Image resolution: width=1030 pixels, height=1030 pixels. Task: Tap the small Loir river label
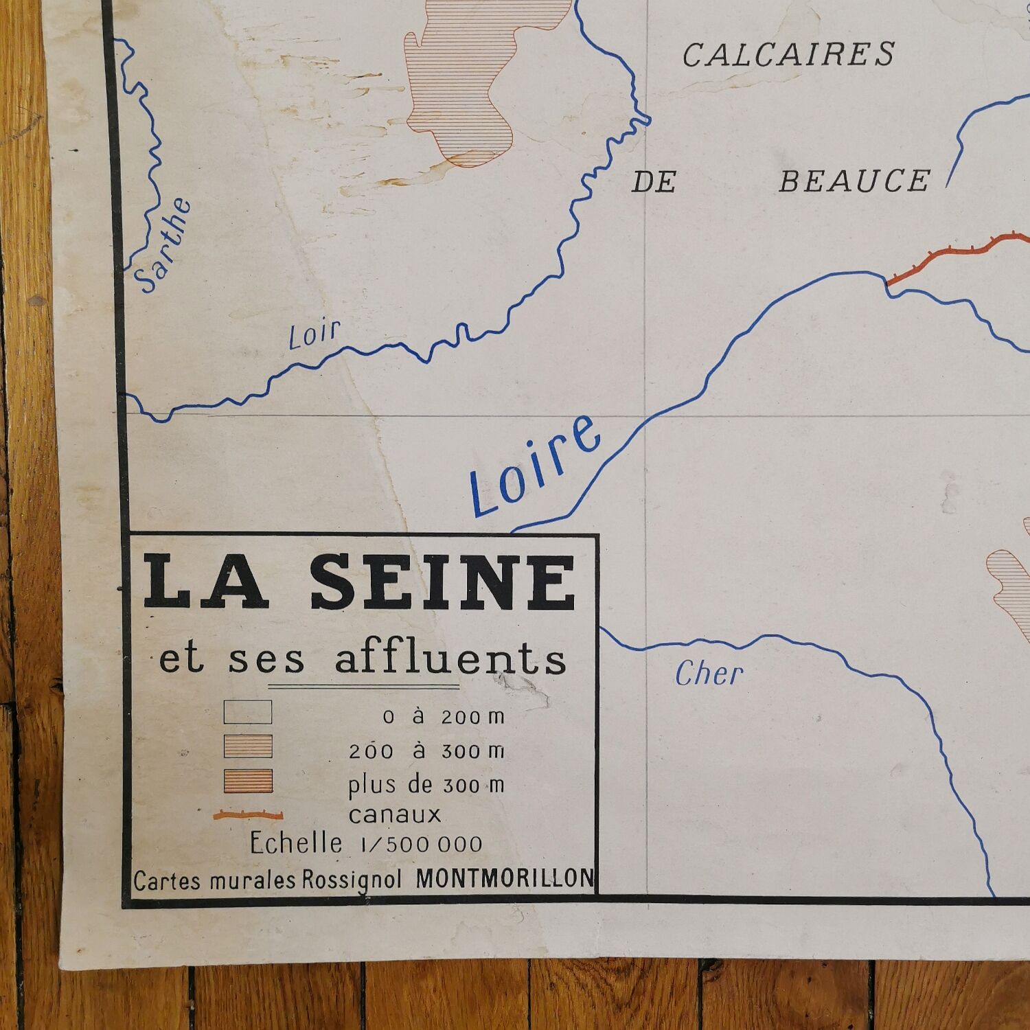(314, 334)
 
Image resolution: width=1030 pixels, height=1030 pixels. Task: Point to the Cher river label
(709, 674)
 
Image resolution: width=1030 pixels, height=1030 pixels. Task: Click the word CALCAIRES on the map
(788, 55)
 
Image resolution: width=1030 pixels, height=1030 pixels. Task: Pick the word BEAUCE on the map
(854, 181)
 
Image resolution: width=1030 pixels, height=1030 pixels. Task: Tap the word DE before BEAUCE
(654, 183)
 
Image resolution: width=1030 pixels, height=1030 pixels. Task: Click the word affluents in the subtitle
(450, 659)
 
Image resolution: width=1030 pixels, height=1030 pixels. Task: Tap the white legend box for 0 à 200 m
(248, 712)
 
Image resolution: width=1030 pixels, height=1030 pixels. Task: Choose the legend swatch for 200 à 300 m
(248, 746)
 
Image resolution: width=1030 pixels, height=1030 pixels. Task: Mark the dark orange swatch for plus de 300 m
(248, 781)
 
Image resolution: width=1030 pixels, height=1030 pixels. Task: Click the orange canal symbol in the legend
(248, 816)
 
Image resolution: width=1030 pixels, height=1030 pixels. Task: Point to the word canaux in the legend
(394, 815)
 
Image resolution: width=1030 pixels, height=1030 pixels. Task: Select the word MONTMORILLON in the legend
(505, 879)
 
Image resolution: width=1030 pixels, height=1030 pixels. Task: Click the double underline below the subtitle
(363, 686)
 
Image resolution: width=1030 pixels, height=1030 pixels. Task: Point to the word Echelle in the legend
(296, 843)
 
